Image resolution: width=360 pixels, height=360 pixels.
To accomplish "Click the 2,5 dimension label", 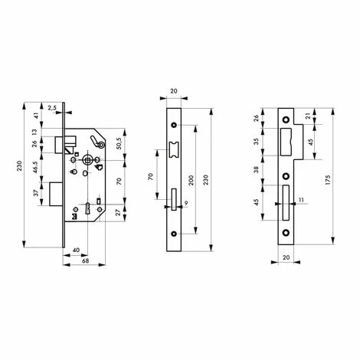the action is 52,108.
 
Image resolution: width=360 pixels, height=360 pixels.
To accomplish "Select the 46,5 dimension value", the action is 35,167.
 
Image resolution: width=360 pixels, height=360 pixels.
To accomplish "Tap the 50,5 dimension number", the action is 121,143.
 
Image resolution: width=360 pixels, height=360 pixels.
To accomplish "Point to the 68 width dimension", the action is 85,261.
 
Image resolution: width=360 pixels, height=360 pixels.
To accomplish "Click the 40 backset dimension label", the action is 76,250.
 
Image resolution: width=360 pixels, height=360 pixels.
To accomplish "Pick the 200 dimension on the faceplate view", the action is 191,180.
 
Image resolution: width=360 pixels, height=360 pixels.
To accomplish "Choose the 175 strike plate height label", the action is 328,180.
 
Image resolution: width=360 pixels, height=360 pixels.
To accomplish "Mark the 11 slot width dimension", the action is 301,200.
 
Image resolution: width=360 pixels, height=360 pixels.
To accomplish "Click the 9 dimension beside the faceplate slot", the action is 186,203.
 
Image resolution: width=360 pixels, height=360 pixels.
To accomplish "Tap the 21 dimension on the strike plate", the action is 308,116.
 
